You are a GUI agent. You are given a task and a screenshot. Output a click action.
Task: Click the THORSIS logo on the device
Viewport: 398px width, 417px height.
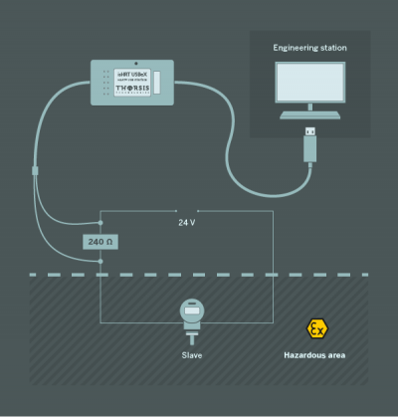point(134,89)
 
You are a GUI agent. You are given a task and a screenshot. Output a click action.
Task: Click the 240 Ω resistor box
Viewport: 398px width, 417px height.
point(100,242)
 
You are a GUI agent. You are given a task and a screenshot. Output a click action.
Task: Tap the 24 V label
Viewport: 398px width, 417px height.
point(186,223)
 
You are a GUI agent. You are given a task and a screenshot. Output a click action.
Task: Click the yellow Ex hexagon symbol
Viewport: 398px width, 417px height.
point(315,328)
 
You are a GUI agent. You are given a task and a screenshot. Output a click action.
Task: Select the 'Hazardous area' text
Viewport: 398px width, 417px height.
point(314,354)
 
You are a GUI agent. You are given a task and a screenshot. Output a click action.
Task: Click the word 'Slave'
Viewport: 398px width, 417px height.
point(192,354)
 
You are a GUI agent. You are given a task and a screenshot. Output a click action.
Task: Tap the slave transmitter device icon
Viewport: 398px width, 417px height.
point(191,313)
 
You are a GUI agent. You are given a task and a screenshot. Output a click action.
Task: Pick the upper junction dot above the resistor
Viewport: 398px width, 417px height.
point(100,223)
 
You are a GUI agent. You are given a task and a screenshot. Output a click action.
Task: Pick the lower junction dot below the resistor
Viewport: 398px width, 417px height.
point(100,262)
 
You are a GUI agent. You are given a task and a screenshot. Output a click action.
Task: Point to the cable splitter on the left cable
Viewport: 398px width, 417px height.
point(35,172)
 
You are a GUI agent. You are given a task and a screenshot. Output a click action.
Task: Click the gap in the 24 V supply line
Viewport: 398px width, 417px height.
point(187,211)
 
